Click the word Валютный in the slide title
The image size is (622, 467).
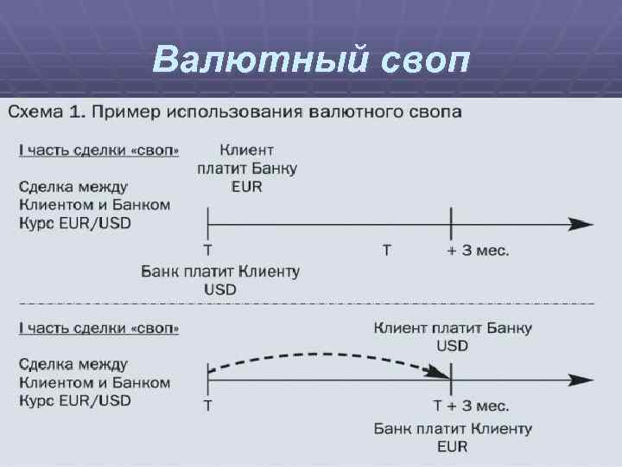coord(258,59)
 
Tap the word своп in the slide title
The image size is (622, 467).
coord(422,59)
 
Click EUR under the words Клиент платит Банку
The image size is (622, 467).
coord(246,186)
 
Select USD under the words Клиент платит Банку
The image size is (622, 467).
coord(453,345)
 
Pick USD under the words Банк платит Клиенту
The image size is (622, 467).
coord(220,289)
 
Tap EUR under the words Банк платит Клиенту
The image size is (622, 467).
coord(453,446)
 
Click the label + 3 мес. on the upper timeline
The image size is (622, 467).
coord(478,251)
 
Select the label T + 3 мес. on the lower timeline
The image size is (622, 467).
coord(471,406)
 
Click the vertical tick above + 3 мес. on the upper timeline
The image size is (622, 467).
coord(451,225)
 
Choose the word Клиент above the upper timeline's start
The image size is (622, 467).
coord(247,150)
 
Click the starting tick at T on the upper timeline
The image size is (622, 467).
coord(208,225)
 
